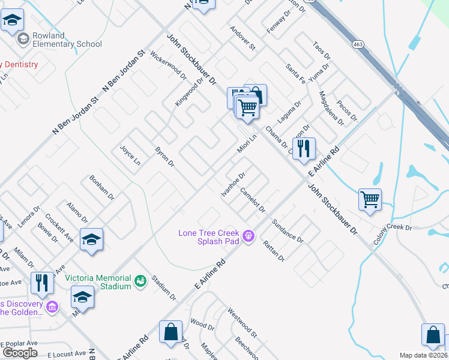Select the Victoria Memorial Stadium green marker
click(x=140, y=280)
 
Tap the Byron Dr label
click(x=164, y=157)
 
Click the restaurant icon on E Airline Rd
click(x=304, y=149)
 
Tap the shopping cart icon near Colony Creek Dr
click(x=370, y=200)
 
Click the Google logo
click(x=20, y=353)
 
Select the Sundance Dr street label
click(x=288, y=230)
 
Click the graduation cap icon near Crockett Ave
click(x=91, y=240)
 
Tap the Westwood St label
click(x=242, y=322)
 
